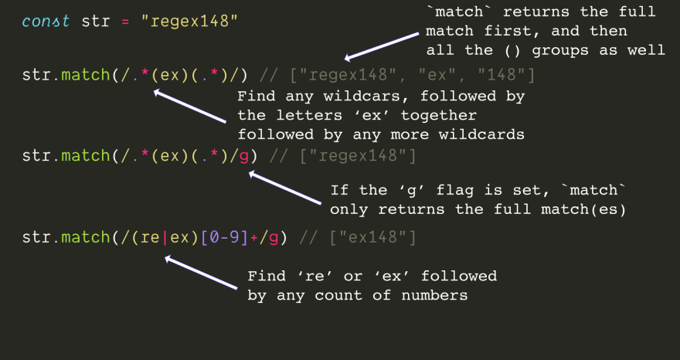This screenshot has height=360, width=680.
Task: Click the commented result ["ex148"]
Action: tap(372, 237)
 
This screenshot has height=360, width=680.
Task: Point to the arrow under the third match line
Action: tap(201, 273)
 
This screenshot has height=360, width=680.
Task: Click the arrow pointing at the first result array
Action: tap(383, 45)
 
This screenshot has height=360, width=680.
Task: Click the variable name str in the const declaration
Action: tap(96, 20)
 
